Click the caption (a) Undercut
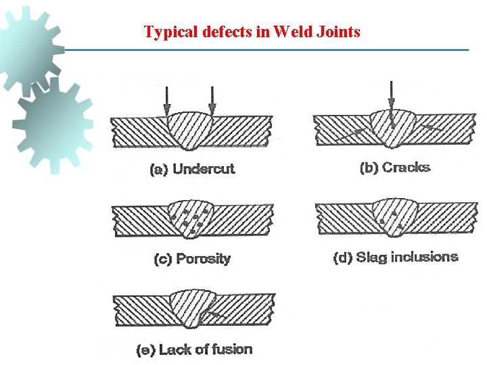[192, 169]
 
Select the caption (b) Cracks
[395, 167]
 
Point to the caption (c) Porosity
[193, 259]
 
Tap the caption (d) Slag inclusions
[396, 257]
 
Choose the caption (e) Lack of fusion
[194, 349]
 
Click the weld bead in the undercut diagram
[191, 132]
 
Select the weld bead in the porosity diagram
[192, 218]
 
